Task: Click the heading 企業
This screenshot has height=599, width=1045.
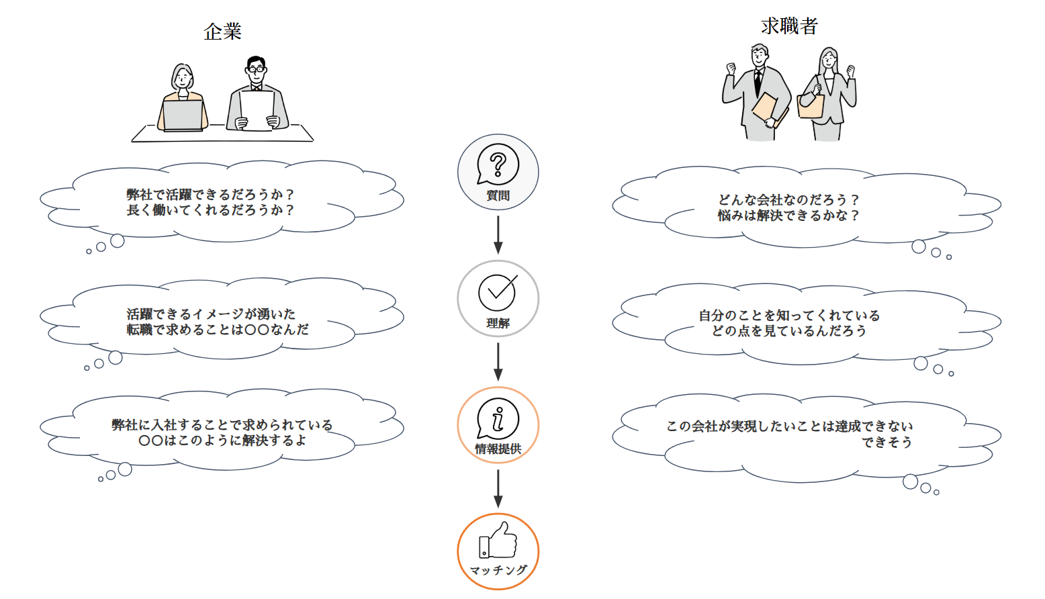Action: pos(222,32)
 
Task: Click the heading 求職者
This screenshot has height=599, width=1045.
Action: pos(789,26)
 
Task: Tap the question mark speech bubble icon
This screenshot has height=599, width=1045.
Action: pos(498,164)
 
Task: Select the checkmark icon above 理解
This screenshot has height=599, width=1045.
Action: pos(498,292)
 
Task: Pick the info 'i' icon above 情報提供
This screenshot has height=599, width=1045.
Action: pos(498,418)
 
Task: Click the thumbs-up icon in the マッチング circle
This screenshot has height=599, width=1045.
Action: pos(498,541)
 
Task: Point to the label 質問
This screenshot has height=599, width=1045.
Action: pos(498,195)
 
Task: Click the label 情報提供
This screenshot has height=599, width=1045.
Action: pos(498,449)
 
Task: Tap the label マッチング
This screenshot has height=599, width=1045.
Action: pos(498,570)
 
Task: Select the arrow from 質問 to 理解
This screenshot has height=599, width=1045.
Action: pos(498,235)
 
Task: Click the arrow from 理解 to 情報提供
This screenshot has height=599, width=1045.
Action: pos(498,362)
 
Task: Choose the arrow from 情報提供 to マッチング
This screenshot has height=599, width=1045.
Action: pos(498,488)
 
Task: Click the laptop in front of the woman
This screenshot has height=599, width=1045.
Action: pos(183,115)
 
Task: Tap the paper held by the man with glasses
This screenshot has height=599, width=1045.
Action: pos(257,109)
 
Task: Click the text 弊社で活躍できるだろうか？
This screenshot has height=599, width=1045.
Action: pos(210,194)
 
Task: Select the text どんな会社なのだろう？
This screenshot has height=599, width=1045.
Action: pos(788,199)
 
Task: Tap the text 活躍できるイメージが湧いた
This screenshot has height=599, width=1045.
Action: pos(211,314)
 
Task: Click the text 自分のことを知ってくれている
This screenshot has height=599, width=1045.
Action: pos(788,315)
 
